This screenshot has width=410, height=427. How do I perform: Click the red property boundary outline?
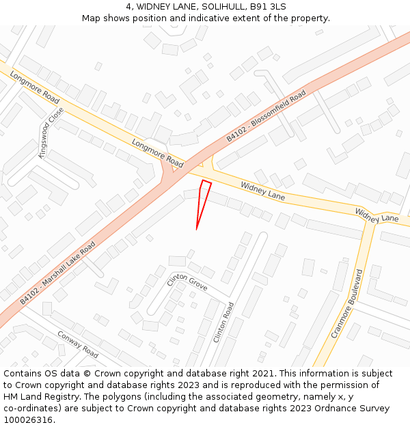(x=203, y=198)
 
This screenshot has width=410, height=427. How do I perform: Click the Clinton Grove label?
(x=187, y=282)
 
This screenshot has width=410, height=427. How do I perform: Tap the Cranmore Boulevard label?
(x=346, y=303)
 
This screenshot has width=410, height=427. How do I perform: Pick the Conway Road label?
(x=78, y=344)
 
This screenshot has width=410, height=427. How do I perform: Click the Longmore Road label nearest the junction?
(x=158, y=154)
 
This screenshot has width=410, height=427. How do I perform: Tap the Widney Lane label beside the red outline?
(x=263, y=191)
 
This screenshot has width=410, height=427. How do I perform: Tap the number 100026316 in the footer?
(x=28, y=419)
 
